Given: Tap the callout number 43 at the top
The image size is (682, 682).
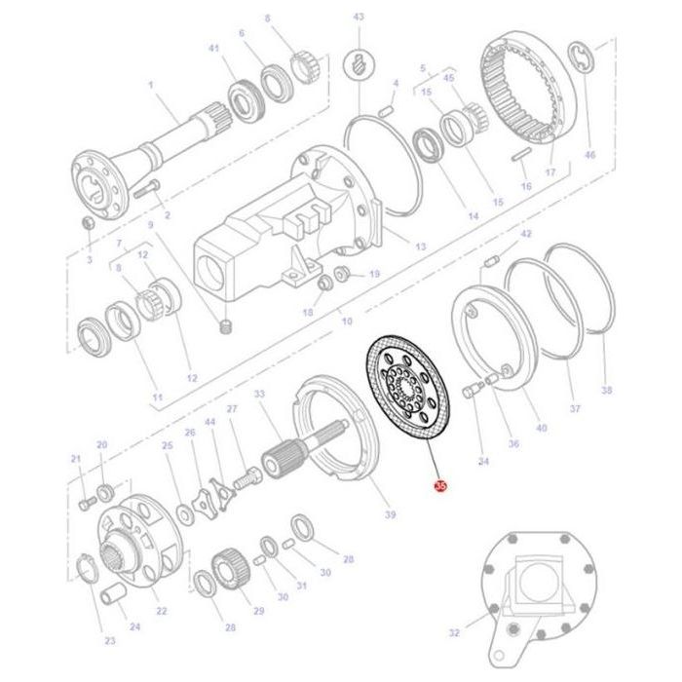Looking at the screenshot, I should [359, 18].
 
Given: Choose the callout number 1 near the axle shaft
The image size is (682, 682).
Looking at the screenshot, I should [152, 86].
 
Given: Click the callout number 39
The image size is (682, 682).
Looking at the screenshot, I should [390, 513].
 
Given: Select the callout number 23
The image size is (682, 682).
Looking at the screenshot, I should [110, 640].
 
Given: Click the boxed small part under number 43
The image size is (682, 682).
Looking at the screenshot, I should [359, 66].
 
